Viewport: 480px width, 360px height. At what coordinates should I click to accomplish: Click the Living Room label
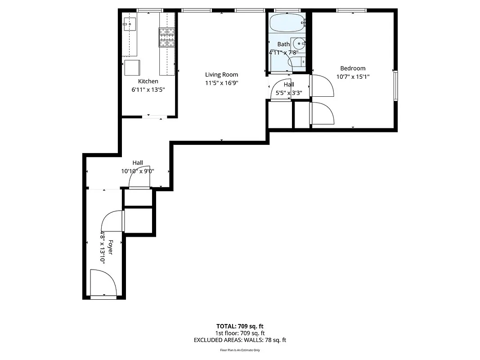[x=221, y=75]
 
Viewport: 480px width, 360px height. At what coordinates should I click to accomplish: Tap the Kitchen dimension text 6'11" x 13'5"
[x=148, y=90]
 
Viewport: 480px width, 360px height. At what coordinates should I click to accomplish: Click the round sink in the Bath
[x=299, y=44]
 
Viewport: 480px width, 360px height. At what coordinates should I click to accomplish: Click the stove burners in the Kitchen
[x=166, y=37]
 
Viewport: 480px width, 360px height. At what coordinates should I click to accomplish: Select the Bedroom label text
[x=353, y=68]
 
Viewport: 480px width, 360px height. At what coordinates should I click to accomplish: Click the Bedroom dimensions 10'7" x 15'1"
[x=353, y=76]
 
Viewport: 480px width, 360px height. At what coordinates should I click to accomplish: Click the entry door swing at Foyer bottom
[x=103, y=283]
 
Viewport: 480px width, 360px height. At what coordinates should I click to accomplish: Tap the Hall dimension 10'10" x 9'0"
[x=138, y=171]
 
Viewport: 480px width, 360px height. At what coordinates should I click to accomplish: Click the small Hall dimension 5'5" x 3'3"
[x=288, y=93]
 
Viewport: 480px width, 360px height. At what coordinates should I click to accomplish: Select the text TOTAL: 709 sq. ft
[x=239, y=326]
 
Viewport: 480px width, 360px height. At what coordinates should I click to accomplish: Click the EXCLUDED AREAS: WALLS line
[x=239, y=340]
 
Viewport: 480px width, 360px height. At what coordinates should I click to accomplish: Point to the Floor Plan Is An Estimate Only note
[x=239, y=350]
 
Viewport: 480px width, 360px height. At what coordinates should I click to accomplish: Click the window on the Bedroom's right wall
[x=395, y=85]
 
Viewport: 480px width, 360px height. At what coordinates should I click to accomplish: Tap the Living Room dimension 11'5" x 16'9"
[x=221, y=83]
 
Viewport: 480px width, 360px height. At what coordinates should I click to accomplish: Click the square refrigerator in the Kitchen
[x=132, y=67]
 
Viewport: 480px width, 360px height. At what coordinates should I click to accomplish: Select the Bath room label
[x=283, y=44]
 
